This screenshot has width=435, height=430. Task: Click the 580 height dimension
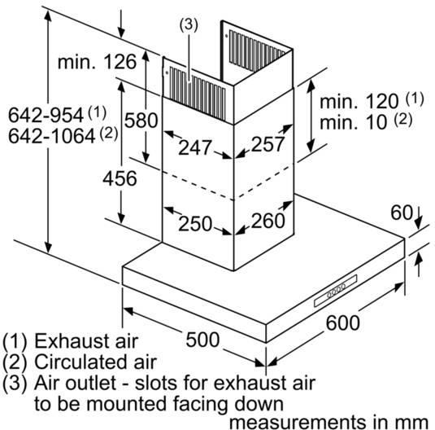click(141, 121)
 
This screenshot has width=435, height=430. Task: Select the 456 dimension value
click(120, 178)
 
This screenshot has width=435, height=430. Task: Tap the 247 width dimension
click(195, 147)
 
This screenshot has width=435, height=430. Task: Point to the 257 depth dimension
click(268, 143)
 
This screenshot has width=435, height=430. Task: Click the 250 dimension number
click(195, 223)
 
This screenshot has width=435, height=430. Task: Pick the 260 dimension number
click(268, 221)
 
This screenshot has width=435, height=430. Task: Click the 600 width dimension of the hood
click(342, 322)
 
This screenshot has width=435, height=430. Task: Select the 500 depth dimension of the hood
click(202, 340)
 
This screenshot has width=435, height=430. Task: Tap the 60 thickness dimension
click(402, 213)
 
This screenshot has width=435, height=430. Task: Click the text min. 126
click(97, 61)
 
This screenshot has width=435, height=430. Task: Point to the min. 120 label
click(359, 101)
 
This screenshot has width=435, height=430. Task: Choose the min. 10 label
click(353, 121)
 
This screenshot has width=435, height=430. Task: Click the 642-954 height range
click(46, 115)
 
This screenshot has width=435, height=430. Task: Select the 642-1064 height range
click(52, 136)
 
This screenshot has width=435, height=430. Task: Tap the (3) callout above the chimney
click(189, 24)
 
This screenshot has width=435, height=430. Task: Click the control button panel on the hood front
click(336, 291)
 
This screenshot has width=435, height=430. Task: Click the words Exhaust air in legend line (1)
click(86, 340)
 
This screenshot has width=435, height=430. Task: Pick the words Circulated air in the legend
click(96, 362)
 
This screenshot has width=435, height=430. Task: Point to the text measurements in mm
click(329, 422)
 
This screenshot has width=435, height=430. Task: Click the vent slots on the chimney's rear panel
click(257, 50)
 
